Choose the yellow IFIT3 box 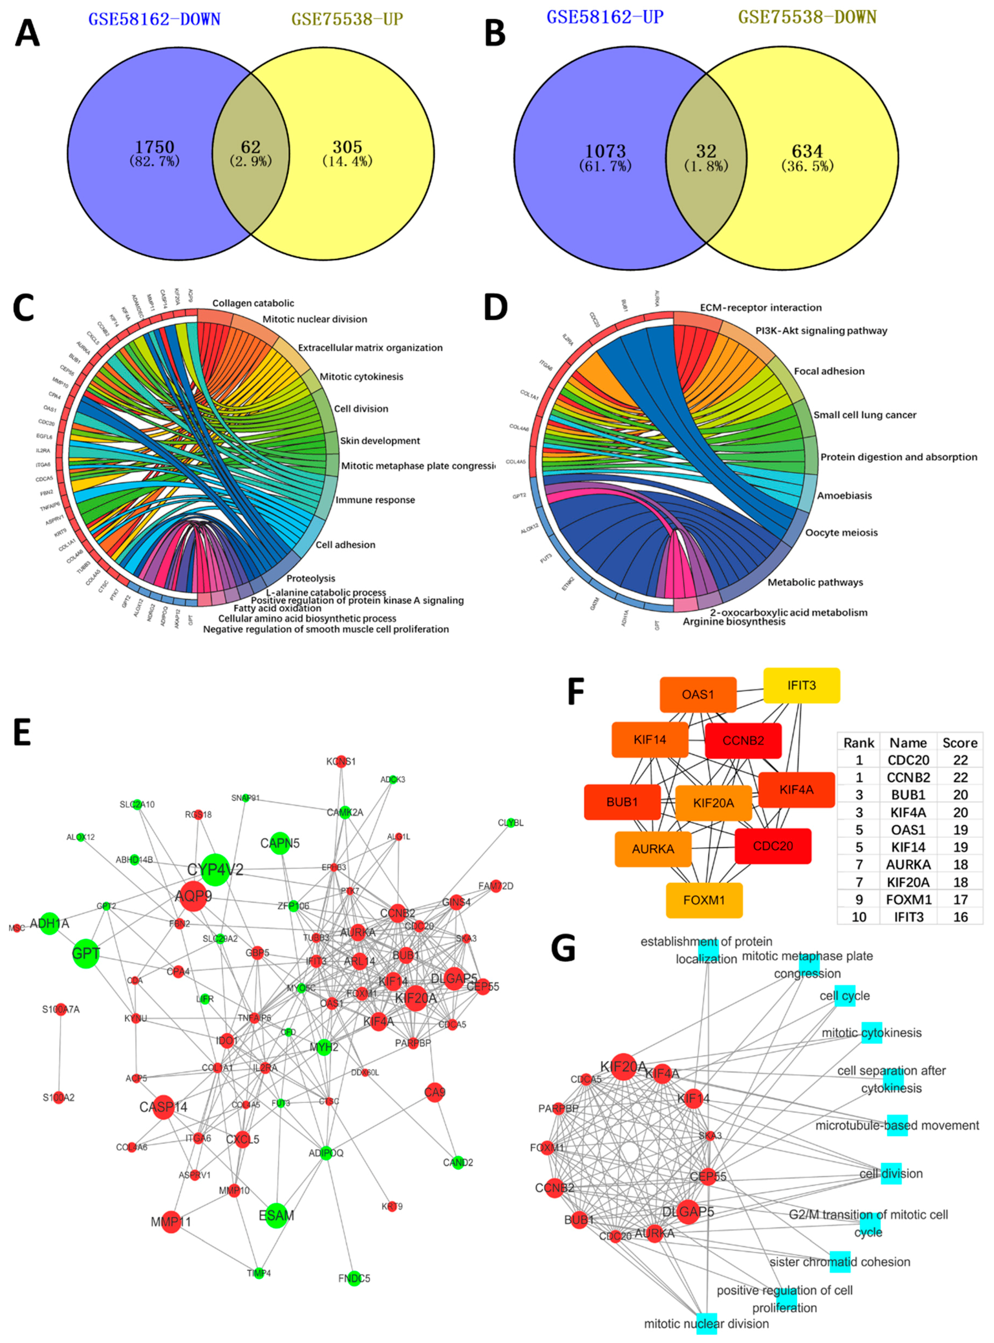pyautogui.click(x=802, y=685)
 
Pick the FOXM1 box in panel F pyautogui.click(x=704, y=900)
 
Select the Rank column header pyautogui.click(x=859, y=742)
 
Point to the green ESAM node pyautogui.click(x=276, y=1215)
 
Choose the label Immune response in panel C pyautogui.click(x=375, y=500)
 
